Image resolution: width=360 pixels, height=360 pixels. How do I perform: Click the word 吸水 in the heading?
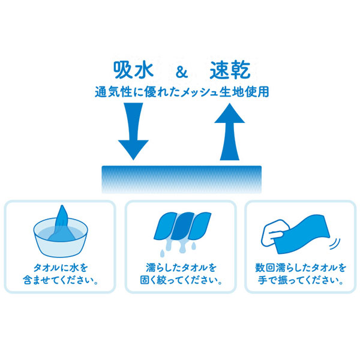click(x=133, y=70)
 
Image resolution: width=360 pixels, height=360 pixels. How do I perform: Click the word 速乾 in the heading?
click(x=230, y=70)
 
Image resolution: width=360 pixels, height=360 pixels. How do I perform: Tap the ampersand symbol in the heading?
click(x=182, y=72)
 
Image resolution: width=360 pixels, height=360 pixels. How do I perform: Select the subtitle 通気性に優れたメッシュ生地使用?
click(x=182, y=92)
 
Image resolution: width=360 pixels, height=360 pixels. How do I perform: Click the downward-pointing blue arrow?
click(x=133, y=131)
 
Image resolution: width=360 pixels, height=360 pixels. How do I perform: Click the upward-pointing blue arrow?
click(x=230, y=131)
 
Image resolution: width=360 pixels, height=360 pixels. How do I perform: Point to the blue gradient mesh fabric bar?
click(x=182, y=179)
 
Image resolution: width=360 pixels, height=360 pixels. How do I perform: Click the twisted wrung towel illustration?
click(x=182, y=226)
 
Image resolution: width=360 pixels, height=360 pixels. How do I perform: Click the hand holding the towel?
click(x=275, y=233)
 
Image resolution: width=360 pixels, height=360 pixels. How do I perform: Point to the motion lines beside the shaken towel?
click(x=335, y=244)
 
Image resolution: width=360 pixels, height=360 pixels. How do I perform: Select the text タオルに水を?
click(x=61, y=268)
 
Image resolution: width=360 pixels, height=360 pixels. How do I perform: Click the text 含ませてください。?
click(x=61, y=280)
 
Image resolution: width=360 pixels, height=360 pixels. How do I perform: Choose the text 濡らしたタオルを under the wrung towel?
click(x=181, y=268)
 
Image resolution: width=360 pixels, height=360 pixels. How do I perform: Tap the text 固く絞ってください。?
click(x=181, y=280)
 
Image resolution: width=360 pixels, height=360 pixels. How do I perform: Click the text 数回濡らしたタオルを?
click(x=301, y=268)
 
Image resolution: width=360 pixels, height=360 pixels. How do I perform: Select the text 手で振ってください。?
click(x=301, y=280)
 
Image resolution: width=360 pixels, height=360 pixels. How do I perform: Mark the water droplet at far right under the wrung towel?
click(x=194, y=246)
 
